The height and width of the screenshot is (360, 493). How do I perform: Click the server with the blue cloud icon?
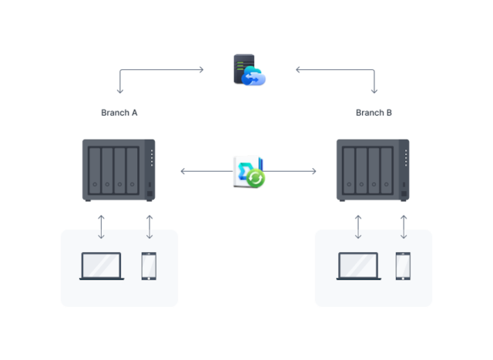pyautogui.click(x=248, y=69)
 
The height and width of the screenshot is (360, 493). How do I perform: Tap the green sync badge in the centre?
pyautogui.click(x=256, y=178)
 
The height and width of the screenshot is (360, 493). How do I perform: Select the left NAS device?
pyautogui.click(x=119, y=169)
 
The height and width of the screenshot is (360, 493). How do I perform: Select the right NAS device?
pyautogui.click(x=373, y=169)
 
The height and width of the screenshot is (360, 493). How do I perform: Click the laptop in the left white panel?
pyautogui.click(x=102, y=266)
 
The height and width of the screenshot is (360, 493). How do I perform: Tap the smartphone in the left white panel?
pyautogui.click(x=149, y=266)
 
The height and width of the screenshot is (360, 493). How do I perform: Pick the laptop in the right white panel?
pyautogui.click(x=358, y=266)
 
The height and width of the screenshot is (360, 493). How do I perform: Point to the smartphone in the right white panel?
pyautogui.click(x=403, y=266)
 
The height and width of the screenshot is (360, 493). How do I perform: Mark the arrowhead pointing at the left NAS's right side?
pyautogui.click(x=183, y=171)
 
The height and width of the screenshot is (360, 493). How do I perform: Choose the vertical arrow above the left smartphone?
pyautogui.click(x=149, y=227)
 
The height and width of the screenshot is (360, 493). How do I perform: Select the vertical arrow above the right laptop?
pyautogui.click(x=357, y=227)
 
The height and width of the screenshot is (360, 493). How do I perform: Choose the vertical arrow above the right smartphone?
pyautogui.click(x=403, y=227)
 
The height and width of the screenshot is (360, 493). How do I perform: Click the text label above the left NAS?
pyautogui.click(x=119, y=113)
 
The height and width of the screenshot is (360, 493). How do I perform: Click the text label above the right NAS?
pyautogui.click(x=374, y=113)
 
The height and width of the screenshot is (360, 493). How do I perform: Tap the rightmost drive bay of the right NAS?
pyautogui.click(x=387, y=169)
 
